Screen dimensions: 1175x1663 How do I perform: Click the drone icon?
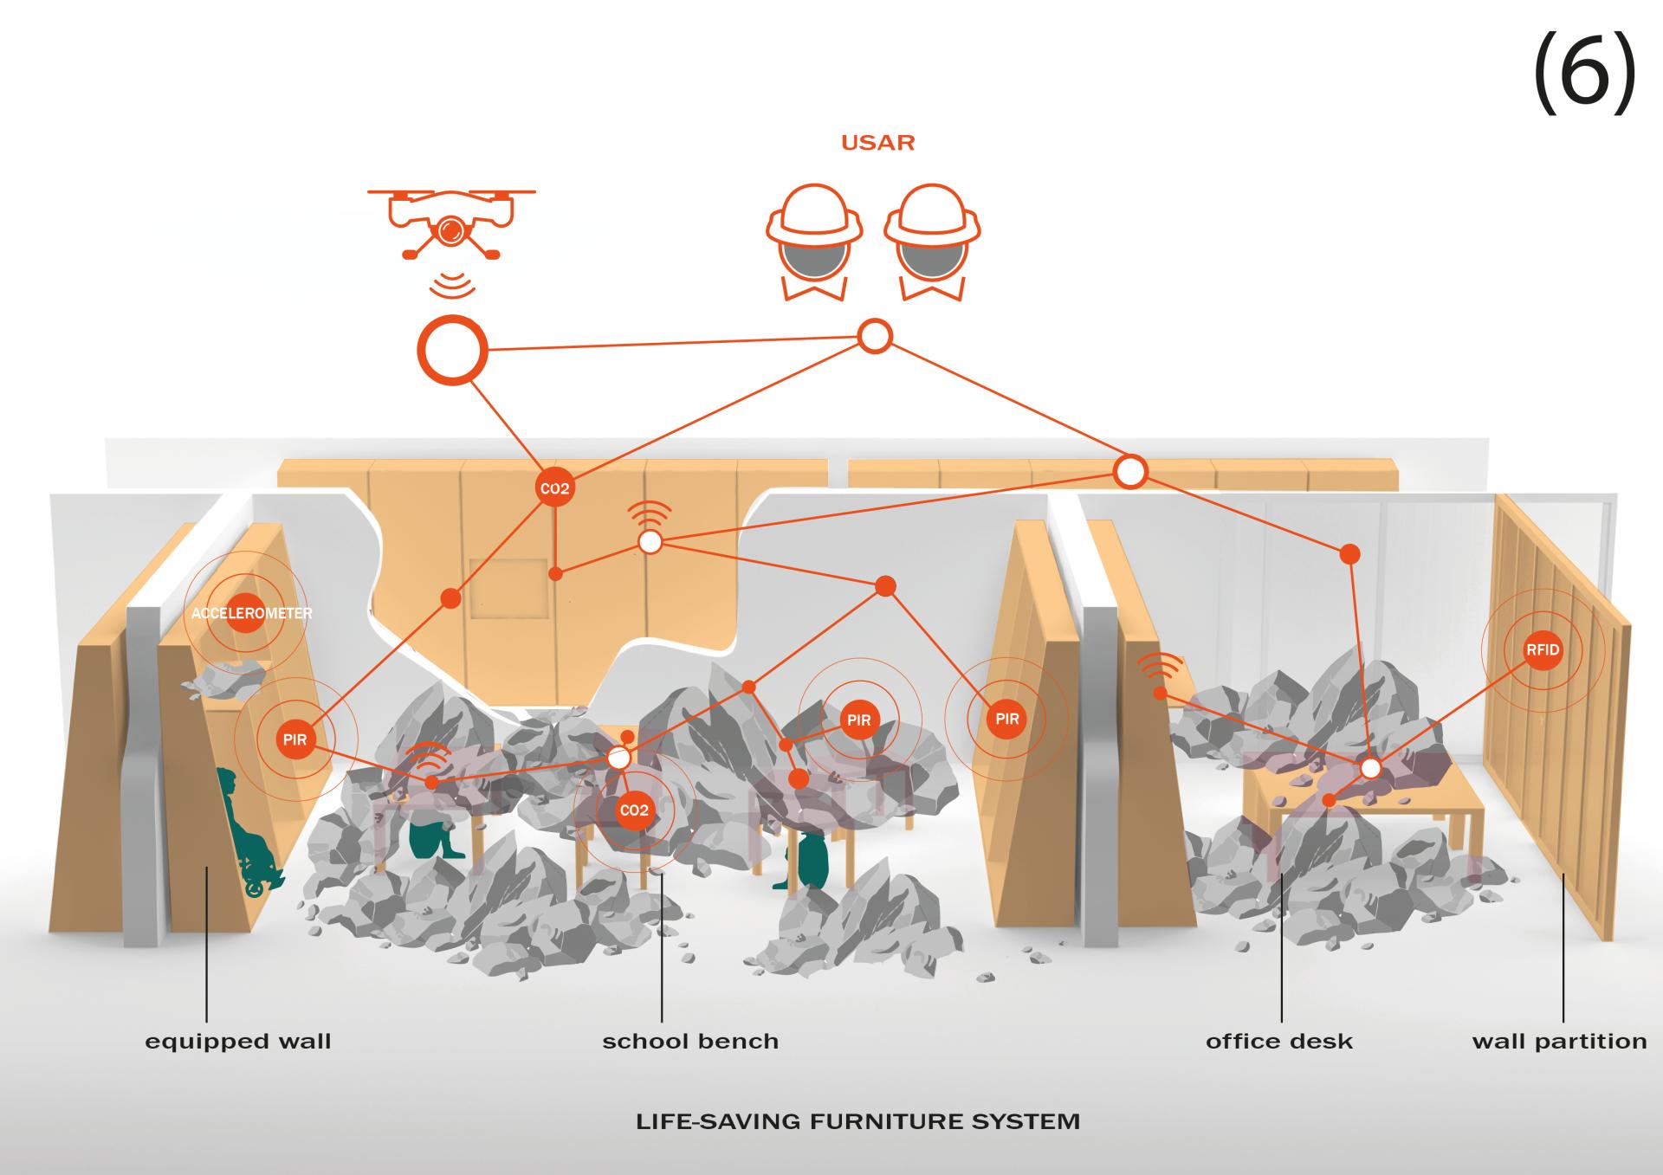[x=450, y=223]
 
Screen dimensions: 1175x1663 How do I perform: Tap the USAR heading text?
[x=877, y=143]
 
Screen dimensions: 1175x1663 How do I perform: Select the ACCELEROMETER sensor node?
[x=247, y=613]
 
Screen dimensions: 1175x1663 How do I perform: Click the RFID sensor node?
[x=1543, y=650]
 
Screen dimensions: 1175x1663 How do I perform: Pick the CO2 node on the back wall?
[x=554, y=488]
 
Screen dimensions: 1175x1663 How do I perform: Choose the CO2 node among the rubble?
[x=634, y=810]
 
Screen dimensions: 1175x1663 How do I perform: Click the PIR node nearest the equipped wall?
[x=294, y=739]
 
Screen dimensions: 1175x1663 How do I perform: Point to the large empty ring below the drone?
[x=452, y=350]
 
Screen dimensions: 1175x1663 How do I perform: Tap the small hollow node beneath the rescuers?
[x=875, y=336]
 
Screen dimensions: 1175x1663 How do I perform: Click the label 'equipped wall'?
[x=238, y=1041]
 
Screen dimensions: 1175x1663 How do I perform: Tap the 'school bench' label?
[x=690, y=1041]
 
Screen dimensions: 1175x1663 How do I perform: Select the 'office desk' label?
[x=1278, y=1041]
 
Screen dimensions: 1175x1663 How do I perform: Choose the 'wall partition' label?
[x=1559, y=1041]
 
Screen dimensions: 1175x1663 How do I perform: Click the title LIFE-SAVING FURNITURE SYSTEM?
[x=857, y=1121]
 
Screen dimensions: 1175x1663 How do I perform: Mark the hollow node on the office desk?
[x=1370, y=768]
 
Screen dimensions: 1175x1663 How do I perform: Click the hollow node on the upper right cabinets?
[x=1130, y=472]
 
